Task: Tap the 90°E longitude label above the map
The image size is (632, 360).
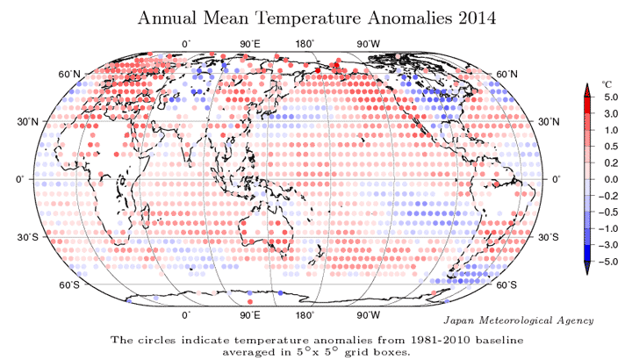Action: pos(251,43)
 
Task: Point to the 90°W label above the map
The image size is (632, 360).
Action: pos(368,43)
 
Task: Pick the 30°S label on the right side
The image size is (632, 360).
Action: pos(551,237)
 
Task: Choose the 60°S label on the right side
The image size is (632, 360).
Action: pos(506,284)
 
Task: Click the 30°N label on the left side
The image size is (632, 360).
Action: pos(32,121)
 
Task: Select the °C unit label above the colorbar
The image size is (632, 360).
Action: pos(605,84)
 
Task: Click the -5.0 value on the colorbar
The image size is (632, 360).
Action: pos(606,261)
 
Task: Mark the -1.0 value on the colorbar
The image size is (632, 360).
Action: pos(606,228)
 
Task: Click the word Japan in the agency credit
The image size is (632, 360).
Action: pos(461,320)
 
